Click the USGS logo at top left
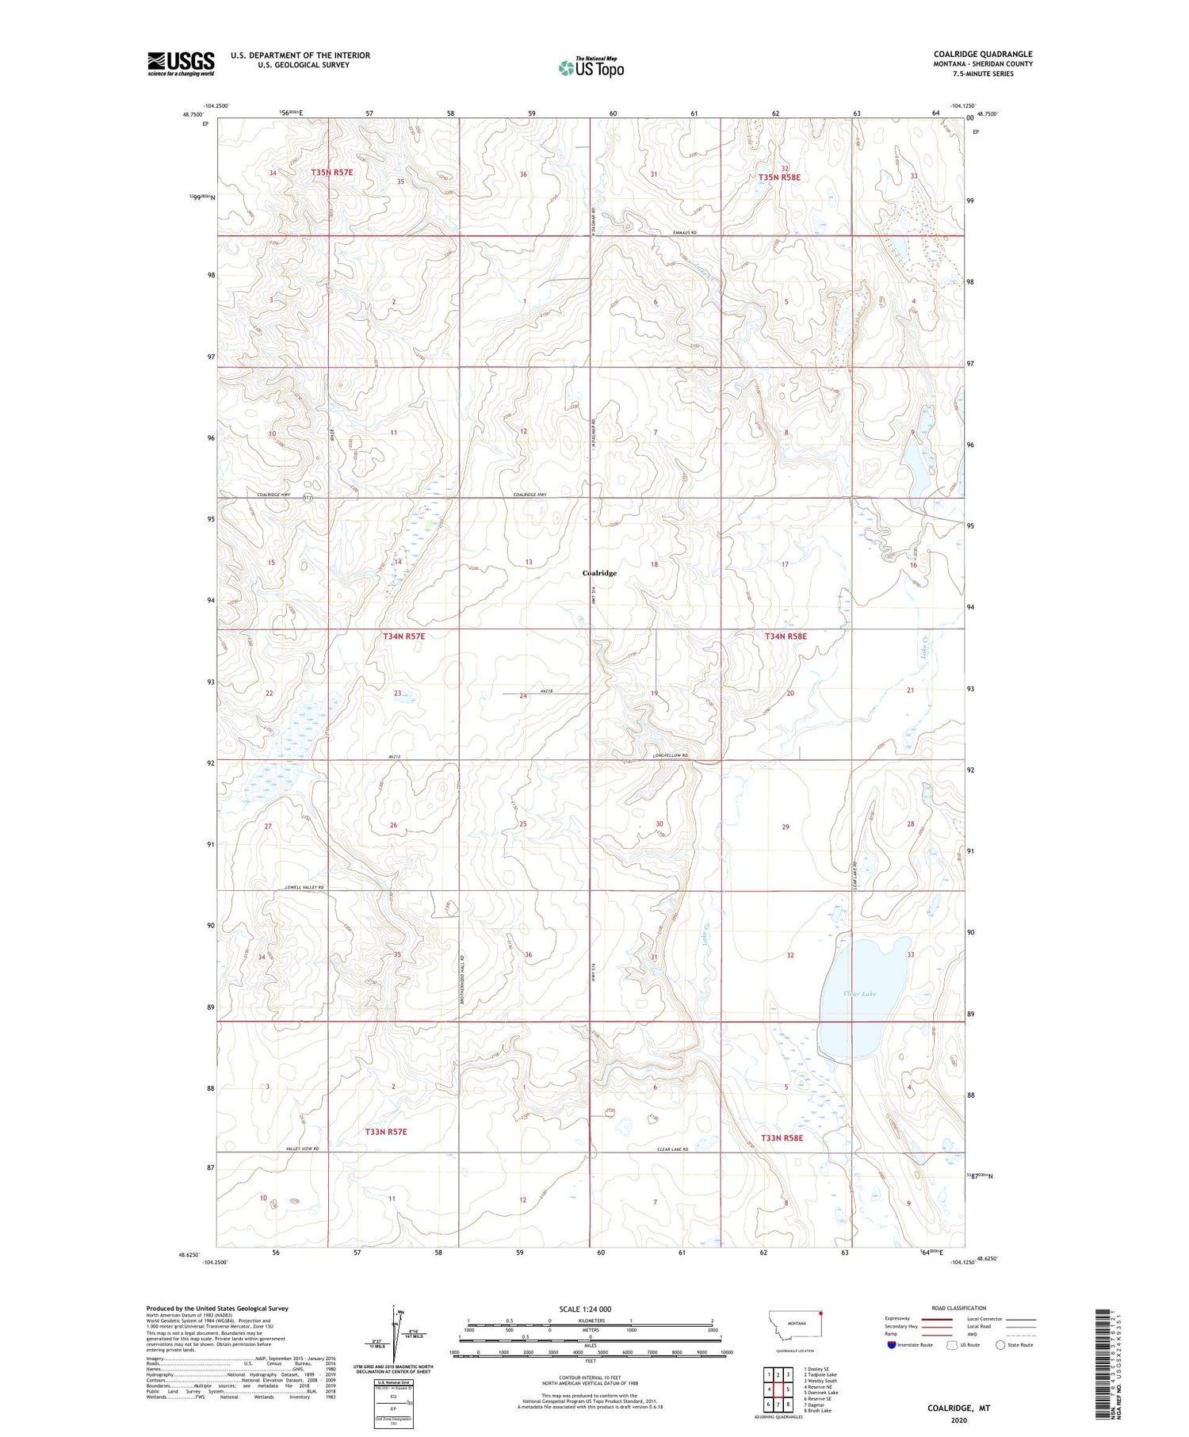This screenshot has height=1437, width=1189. pos(181,63)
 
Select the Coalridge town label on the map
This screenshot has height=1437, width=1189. pos(599,572)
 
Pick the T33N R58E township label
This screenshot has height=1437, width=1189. pos(782,1137)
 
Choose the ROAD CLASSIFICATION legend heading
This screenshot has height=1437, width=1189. pos(959,1308)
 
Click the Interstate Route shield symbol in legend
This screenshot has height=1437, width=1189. pos(892,1345)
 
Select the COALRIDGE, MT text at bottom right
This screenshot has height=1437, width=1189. pos(959,1408)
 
